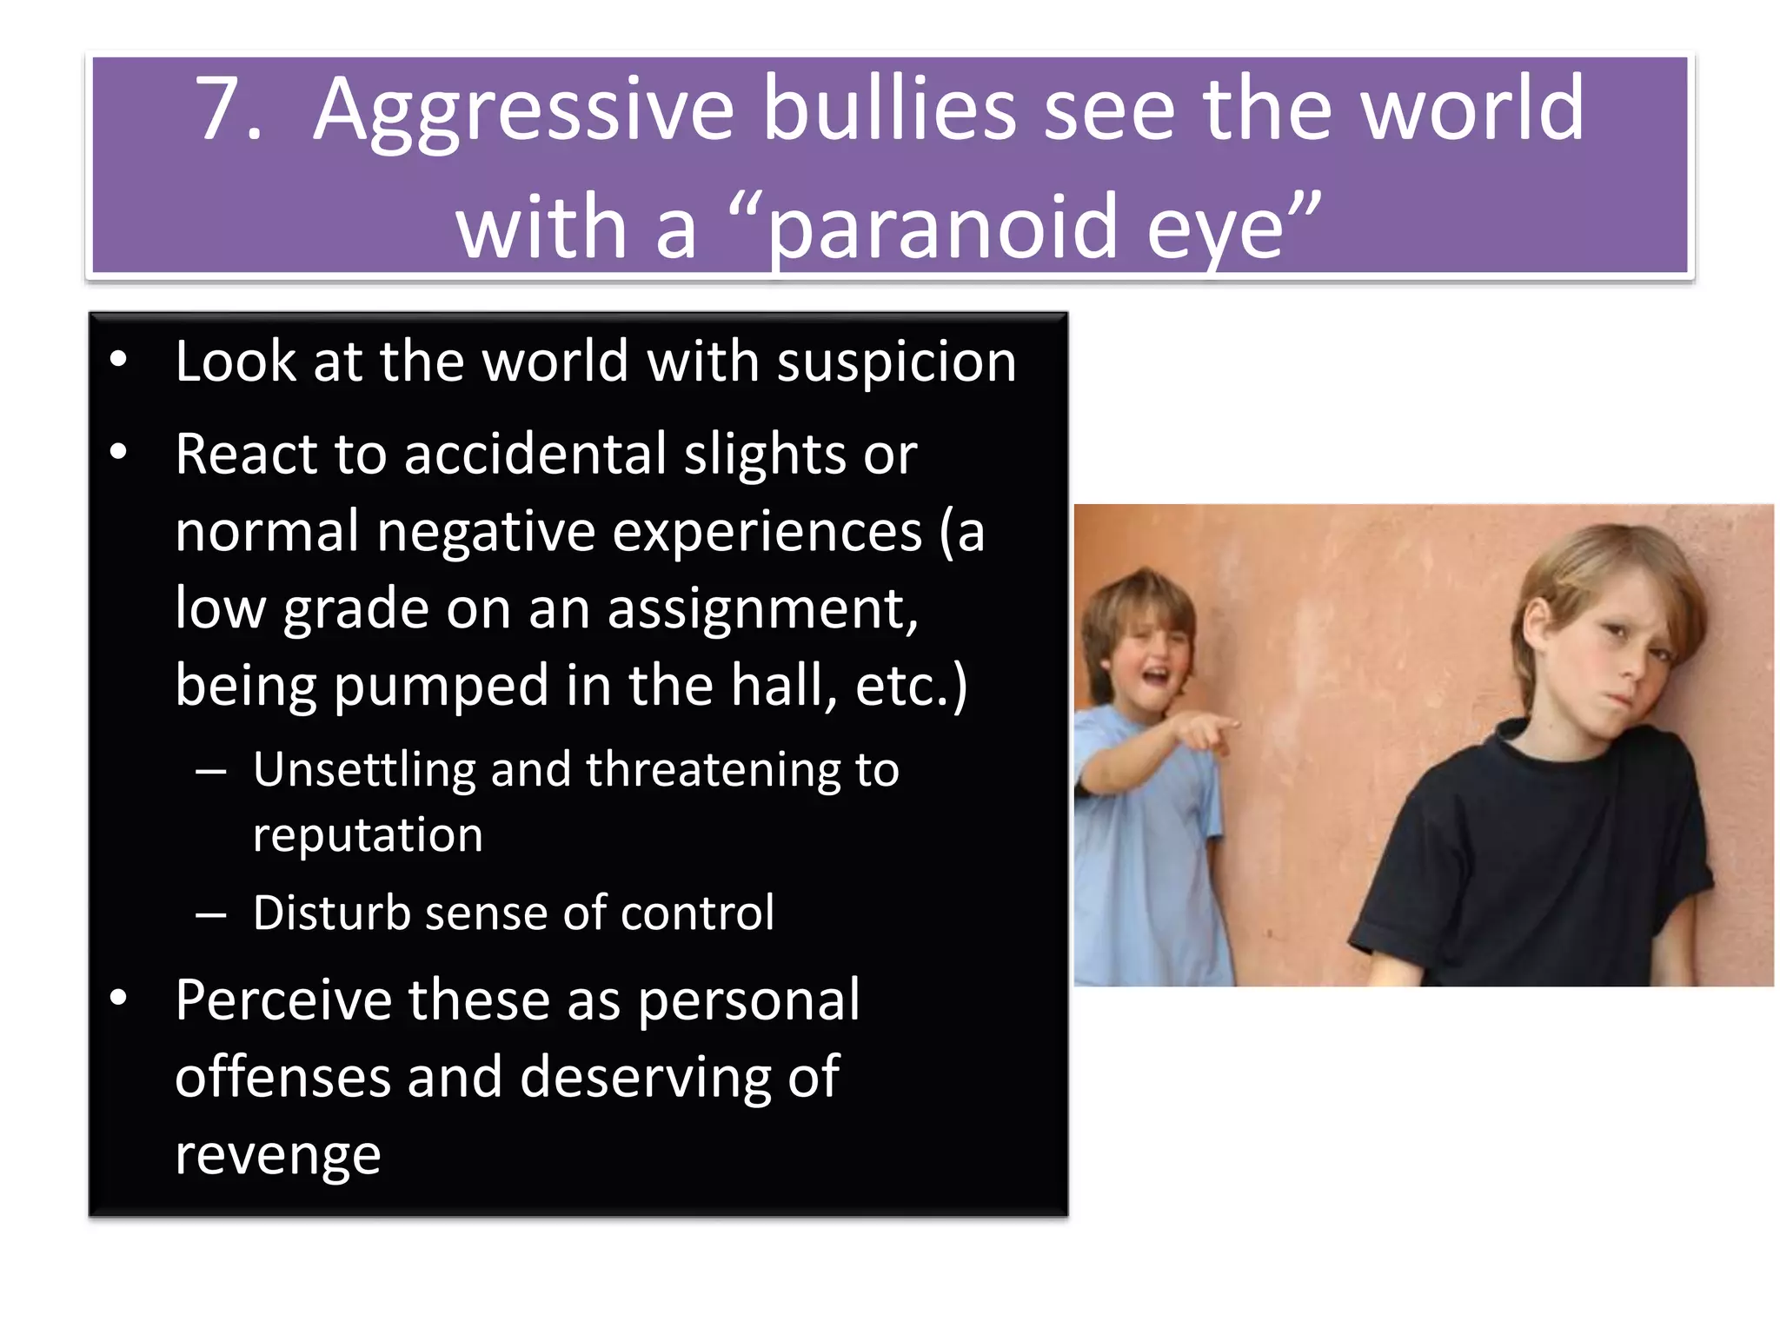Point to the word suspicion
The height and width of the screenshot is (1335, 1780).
[x=896, y=362]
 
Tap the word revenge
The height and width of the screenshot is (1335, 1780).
[x=278, y=1157]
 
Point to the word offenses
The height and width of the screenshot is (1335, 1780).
[x=282, y=1078]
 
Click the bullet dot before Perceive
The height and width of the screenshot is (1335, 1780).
[x=119, y=998]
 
